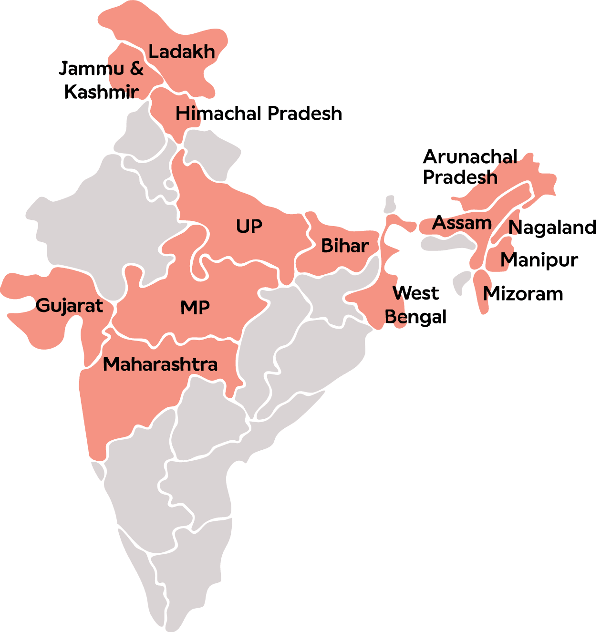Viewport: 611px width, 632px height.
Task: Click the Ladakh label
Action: (x=182, y=52)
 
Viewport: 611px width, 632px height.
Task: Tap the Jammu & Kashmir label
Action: (x=101, y=80)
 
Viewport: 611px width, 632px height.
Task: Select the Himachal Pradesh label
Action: (x=259, y=114)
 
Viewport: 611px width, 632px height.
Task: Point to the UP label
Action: (x=249, y=226)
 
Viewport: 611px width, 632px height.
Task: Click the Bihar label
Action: (x=345, y=246)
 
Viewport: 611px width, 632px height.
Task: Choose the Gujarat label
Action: (x=69, y=305)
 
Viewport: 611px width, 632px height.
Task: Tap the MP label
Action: (x=195, y=308)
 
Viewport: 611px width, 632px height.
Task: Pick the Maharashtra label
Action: (x=160, y=364)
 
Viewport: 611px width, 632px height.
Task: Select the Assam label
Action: (x=462, y=223)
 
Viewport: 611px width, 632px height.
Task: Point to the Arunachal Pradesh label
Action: (x=470, y=167)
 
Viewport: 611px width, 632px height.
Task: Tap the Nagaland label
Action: (x=552, y=228)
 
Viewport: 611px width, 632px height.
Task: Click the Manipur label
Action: (x=539, y=260)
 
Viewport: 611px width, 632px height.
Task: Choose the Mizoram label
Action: (x=523, y=294)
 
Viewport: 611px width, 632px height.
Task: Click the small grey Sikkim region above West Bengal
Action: (x=390, y=204)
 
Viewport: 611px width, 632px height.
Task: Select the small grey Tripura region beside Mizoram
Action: (x=461, y=282)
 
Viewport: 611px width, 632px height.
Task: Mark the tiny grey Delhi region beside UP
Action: (x=169, y=184)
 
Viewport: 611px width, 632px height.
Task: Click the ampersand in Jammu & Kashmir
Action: (x=136, y=69)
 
